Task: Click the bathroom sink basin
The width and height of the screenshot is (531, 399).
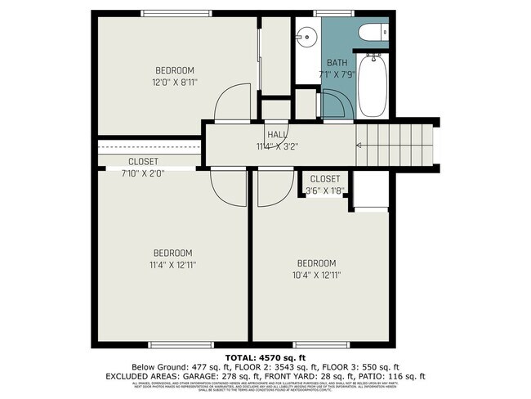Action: point(306,36)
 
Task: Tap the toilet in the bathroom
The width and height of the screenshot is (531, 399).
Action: point(374,34)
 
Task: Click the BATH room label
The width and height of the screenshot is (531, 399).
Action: point(337,63)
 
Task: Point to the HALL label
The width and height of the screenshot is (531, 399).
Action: point(276,136)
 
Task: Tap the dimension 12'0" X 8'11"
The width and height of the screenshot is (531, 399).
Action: point(175,82)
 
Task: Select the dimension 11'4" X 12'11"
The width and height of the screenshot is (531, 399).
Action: point(172,264)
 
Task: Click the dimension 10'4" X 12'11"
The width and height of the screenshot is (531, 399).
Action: point(316,275)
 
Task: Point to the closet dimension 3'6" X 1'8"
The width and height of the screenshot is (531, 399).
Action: point(325,190)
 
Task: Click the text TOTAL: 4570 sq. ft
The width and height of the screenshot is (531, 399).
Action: point(265,357)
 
